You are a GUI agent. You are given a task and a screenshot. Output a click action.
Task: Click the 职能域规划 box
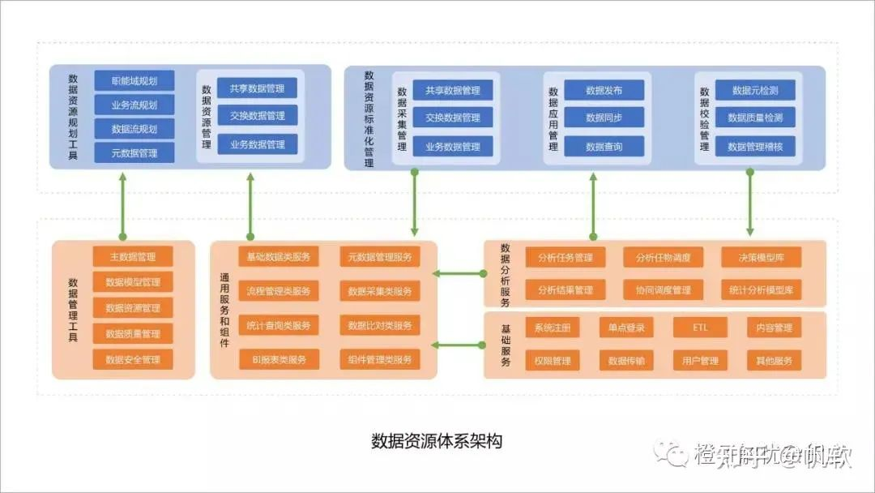click(x=134, y=81)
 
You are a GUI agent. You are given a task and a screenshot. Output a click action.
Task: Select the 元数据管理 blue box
click(x=134, y=152)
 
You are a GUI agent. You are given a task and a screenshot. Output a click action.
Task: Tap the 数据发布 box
click(x=604, y=90)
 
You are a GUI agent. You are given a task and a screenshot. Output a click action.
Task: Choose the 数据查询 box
click(x=604, y=147)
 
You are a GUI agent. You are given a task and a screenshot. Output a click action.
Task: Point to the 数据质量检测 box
click(x=755, y=118)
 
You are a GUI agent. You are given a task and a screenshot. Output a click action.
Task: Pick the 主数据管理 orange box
click(x=133, y=257)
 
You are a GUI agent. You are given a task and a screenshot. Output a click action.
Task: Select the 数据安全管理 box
click(x=133, y=359)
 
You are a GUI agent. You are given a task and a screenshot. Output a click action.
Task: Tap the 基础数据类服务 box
click(x=278, y=257)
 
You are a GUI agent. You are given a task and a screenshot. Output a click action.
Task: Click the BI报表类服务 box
click(x=278, y=359)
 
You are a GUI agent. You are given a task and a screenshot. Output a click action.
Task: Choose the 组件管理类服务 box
click(x=379, y=359)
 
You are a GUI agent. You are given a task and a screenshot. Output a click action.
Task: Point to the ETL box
click(x=700, y=328)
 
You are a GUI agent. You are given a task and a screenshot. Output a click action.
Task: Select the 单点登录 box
click(x=626, y=328)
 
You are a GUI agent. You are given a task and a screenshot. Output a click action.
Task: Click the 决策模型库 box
click(x=761, y=258)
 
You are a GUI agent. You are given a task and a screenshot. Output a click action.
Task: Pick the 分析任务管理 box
click(x=565, y=258)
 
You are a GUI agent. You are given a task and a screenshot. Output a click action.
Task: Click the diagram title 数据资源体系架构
click(x=437, y=441)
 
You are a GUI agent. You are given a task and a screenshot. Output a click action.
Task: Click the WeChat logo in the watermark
click(x=671, y=455)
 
